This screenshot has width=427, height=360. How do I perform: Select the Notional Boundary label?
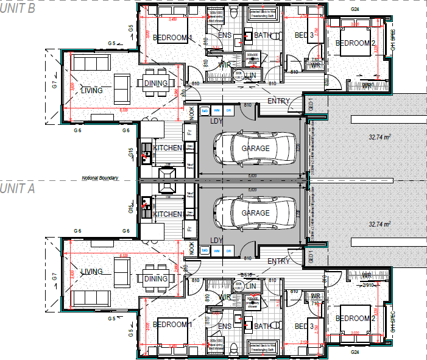pos(100,178)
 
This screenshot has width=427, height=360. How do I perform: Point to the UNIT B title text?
pos(18,9)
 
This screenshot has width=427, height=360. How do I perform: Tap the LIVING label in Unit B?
pos(91,91)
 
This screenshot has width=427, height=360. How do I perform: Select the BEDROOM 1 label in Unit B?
pos(172,38)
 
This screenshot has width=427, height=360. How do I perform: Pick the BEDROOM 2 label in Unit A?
pos(355,319)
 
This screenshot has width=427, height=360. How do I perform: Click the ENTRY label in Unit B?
pos(279,101)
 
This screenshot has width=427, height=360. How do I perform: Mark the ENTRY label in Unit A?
pos(279,261)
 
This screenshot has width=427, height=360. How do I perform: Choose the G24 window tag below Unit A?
pos(355,352)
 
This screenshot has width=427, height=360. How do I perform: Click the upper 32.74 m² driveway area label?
pos(379,138)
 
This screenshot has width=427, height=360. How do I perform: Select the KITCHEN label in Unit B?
pos(168,148)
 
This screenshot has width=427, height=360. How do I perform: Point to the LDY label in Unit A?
pos(216,241)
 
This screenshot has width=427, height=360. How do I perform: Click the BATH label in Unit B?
pos(263,35)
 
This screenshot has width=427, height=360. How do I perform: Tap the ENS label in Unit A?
pos(225,326)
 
